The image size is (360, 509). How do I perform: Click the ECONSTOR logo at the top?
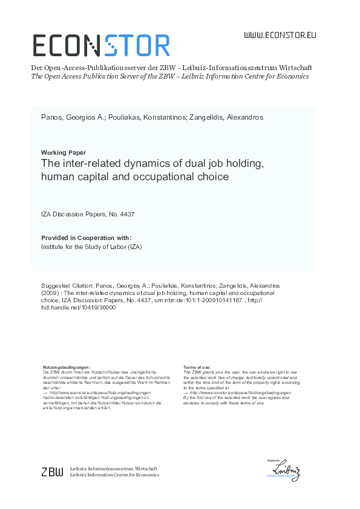(x=100, y=45)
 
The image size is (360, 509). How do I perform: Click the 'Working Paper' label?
(x=63, y=152)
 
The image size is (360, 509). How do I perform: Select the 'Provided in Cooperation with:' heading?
(x=86, y=238)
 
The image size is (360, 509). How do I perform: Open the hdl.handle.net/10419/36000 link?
(x=77, y=307)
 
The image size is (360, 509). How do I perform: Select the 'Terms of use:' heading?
(x=197, y=368)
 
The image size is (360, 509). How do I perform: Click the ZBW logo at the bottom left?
(x=51, y=472)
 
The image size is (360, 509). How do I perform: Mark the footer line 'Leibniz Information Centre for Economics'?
(x=115, y=475)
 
